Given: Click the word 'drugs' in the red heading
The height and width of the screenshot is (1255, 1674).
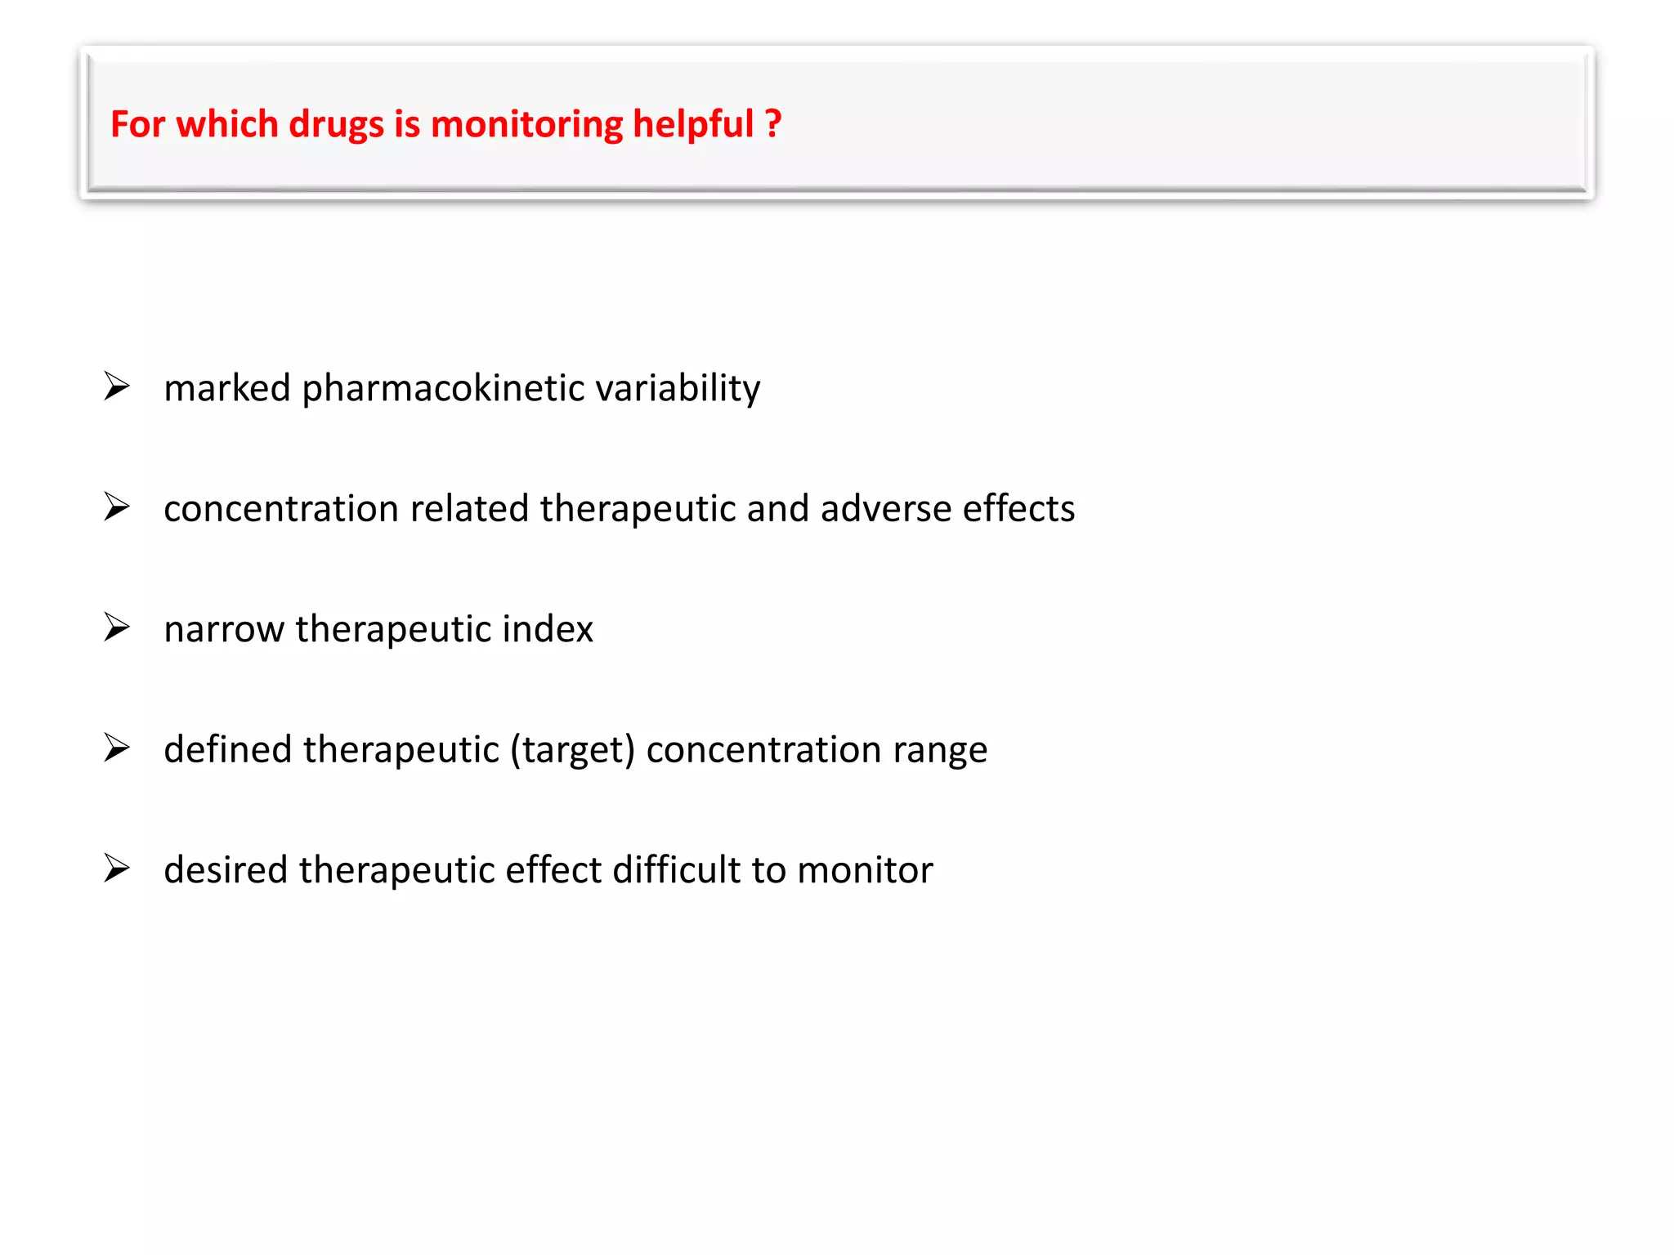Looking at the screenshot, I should [x=336, y=125].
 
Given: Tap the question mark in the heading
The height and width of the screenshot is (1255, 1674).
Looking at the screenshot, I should [x=773, y=124].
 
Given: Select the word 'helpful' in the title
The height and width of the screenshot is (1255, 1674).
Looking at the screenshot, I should [x=693, y=125].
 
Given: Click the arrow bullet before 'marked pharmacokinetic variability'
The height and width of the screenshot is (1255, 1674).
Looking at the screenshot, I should [x=117, y=386].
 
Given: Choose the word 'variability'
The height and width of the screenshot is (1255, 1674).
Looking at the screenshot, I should [x=678, y=388].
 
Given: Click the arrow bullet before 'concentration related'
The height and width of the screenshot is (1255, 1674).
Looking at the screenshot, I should [x=117, y=507].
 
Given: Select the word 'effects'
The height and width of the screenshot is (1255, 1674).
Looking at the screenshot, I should [x=1018, y=508].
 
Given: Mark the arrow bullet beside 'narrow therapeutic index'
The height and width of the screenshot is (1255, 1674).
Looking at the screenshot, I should [x=117, y=627].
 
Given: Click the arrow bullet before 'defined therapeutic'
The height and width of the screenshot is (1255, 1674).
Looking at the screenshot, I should [x=117, y=748].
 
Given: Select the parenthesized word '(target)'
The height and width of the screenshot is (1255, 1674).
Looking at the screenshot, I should [x=572, y=750].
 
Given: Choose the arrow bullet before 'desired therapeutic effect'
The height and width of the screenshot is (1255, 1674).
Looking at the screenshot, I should [x=117, y=868].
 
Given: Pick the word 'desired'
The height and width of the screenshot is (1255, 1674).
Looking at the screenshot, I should [x=226, y=869].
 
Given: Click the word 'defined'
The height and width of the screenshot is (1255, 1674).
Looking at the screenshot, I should [x=228, y=749].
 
